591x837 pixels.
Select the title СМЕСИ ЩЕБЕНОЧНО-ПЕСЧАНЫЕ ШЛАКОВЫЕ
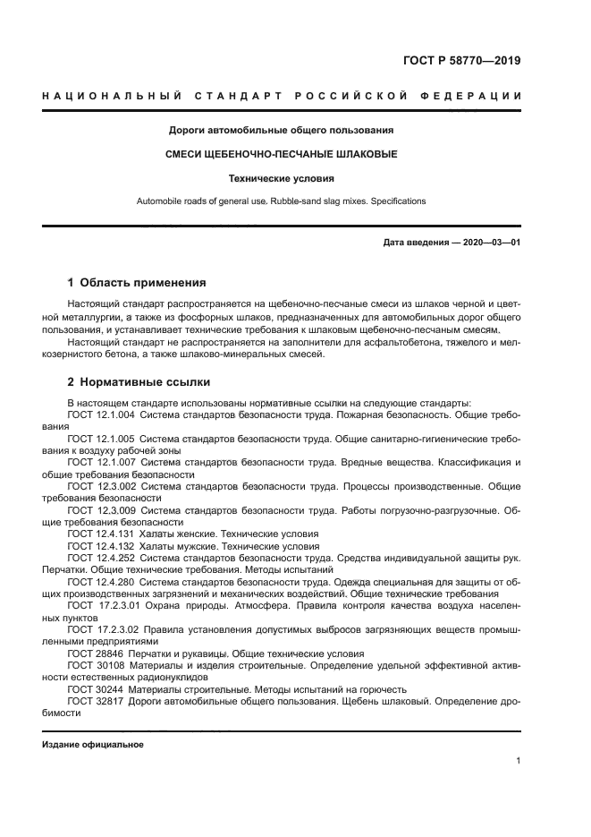click(282, 154)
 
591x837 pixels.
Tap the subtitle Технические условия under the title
click(282, 178)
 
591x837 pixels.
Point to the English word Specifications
click(394, 201)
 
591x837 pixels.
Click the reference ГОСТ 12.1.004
click(100, 415)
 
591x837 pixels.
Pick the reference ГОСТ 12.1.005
click(100, 439)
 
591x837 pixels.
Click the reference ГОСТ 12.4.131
click(100, 533)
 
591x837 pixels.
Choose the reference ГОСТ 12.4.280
click(100, 580)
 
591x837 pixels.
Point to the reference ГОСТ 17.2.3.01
click(103, 604)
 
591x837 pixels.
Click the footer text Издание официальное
click(92, 745)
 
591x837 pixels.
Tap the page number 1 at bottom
click(519, 761)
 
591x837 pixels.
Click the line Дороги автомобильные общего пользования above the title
click(282, 130)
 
